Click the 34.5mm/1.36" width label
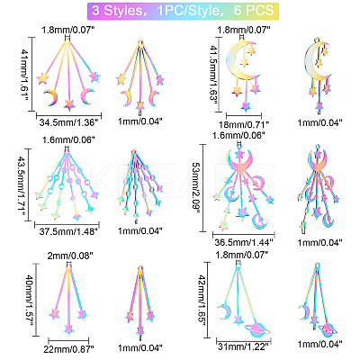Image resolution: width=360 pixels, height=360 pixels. click(68, 122)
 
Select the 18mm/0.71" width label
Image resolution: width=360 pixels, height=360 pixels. click(244, 123)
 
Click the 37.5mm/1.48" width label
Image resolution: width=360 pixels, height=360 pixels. click(68, 231)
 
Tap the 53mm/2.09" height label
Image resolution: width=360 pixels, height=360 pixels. click(196, 188)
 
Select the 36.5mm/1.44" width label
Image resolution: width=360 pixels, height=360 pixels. click(244, 242)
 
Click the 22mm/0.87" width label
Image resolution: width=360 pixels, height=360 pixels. click(68, 348)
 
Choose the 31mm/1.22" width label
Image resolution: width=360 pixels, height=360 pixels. click(243, 346)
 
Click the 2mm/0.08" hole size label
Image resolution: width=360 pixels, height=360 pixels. click(70, 256)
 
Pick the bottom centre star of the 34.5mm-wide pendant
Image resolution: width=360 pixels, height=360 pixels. click(69, 104)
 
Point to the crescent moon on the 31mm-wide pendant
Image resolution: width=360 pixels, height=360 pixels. click(222, 312)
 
